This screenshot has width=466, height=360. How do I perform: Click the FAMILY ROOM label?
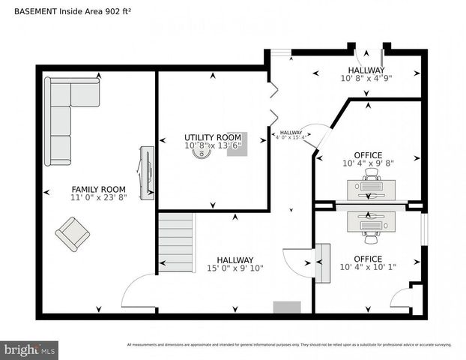[x=98, y=189]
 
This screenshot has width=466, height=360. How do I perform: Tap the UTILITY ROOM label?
[x=213, y=137]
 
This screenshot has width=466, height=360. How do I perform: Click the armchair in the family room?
[x=73, y=234]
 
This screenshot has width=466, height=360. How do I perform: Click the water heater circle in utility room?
[x=202, y=151]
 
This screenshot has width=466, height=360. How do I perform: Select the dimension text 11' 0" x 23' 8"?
[x=98, y=198]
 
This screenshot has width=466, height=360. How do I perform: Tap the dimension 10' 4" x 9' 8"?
[x=367, y=163]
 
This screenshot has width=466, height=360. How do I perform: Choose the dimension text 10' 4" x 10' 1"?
[x=367, y=267]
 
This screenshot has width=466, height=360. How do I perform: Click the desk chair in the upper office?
[x=371, y=174]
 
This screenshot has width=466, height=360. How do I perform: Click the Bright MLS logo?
[x=30, y=349]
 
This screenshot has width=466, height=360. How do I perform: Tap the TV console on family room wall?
[x=147, y=173]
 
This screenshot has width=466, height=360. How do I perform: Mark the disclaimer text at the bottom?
[x=288, y=345]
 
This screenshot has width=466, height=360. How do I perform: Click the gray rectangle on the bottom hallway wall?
[x=286, y=307]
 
